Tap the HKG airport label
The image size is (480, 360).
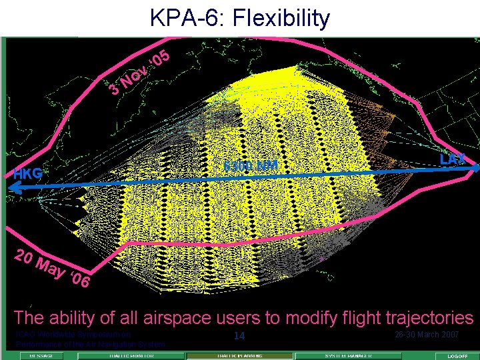click(x=27, y=174)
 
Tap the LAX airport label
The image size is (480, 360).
click(x=453, y=159)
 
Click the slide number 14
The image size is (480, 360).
click(x=239, y=336)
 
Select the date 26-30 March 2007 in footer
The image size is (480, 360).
click(x=426, y=334)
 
